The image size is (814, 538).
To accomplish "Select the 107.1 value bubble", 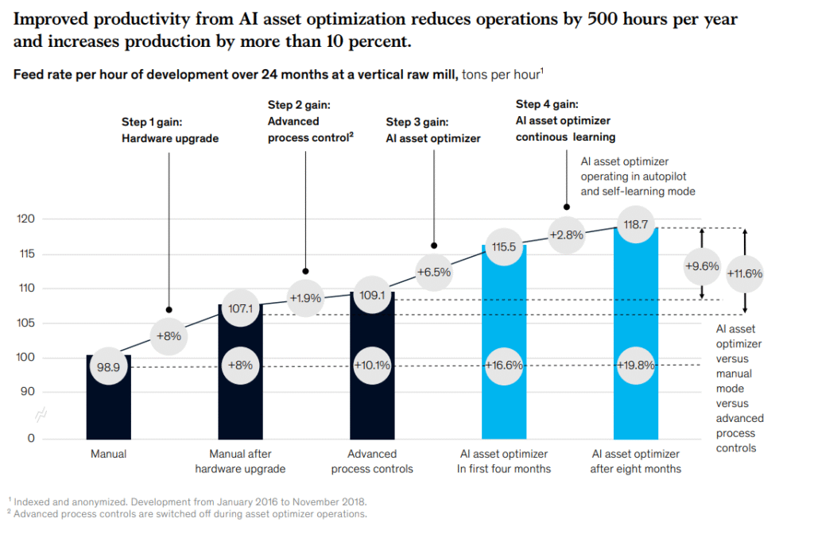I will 240,308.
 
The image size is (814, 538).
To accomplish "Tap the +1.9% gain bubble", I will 305,299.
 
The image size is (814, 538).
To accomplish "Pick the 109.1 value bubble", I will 372,294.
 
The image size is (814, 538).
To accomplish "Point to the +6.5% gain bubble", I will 434,272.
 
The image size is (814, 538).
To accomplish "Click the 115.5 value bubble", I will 504,247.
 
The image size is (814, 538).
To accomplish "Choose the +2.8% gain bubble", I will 567,234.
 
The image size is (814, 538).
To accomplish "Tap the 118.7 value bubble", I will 636,225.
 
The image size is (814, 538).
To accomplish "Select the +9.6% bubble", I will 702,266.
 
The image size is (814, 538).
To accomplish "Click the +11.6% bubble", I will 745,273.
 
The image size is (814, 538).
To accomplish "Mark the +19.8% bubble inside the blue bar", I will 636,366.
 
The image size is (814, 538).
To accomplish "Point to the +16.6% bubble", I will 504,366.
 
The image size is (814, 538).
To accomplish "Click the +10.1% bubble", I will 372,366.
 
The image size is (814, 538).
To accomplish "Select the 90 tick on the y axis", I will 27,392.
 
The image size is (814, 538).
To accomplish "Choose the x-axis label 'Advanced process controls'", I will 372,461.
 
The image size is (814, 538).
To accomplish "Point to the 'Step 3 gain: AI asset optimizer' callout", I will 433,130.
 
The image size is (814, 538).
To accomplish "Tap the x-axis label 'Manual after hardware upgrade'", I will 240,461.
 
